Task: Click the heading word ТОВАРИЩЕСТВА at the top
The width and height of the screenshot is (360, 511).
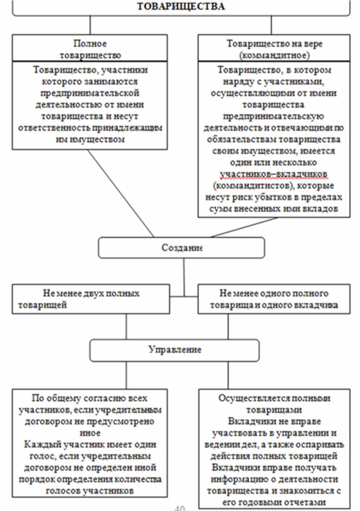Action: click(181, 6)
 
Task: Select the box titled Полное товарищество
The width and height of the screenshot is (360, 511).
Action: click(90, 49)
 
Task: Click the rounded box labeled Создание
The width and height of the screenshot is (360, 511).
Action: click(181, 248)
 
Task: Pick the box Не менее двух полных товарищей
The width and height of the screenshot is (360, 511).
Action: click(90, 299)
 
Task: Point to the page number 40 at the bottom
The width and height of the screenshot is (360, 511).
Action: click(180, 507)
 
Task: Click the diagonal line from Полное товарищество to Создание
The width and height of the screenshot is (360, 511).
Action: click(120, 192)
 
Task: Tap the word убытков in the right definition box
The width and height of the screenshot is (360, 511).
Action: click(276, 197)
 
